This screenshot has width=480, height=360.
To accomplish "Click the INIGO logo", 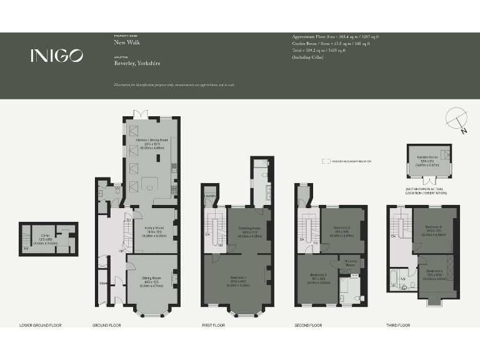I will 56,56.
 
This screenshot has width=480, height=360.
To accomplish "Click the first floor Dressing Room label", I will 249,228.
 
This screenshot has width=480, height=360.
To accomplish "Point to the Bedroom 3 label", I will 341,227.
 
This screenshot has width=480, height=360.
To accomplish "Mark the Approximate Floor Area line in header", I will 335,37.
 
